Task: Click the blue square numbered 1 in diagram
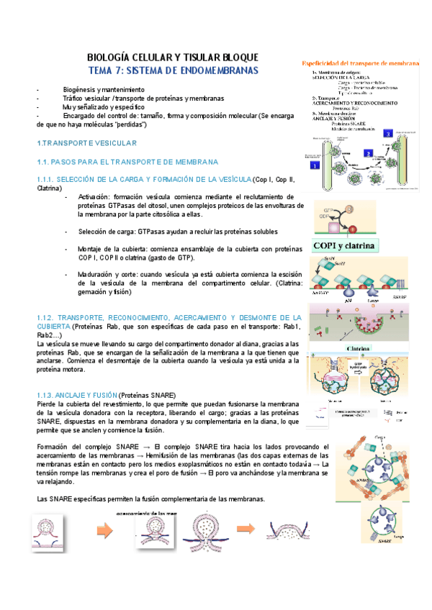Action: coord(314,165)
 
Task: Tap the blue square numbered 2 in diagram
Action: coord(367,153)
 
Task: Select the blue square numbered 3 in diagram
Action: coord(388,133)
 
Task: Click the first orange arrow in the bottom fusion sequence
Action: coord(105,532)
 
